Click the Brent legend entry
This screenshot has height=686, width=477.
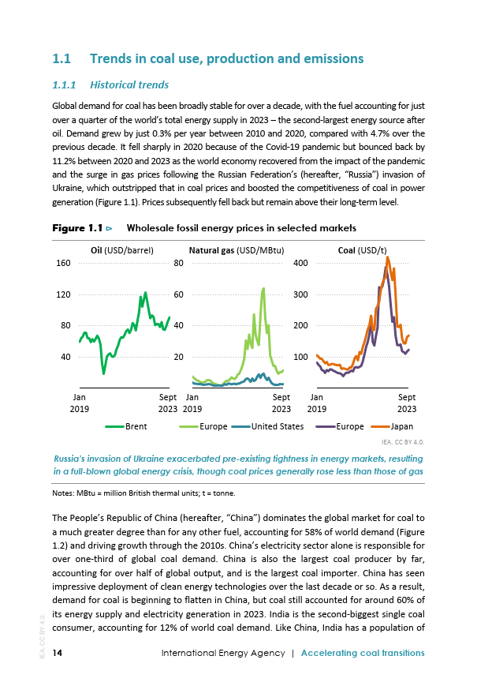[x=126, y=426]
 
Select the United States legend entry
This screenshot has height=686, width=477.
[x=267, y=426]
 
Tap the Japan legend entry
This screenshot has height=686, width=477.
[x=392, y=426]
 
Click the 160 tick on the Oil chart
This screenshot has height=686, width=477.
[x=63, y=263]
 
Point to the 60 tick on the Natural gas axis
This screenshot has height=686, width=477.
[x=179, y=294]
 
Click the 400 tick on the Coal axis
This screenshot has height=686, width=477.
[x=300, y=263]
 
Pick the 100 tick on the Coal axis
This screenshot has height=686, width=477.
[x=300, y=357]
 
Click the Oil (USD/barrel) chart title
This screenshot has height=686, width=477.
[x=122, y=250]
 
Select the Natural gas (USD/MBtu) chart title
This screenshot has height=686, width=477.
[x=237, y=250]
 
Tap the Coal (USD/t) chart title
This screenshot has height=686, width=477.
[x=362, y=250]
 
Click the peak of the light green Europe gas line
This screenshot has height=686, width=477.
[x=263, y=288]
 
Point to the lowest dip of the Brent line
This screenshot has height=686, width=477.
[x=103, y=373]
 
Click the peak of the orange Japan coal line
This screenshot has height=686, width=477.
[x=387, y=257]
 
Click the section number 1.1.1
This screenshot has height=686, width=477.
[x=64, y=85]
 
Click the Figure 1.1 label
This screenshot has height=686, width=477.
[x=77, y=228]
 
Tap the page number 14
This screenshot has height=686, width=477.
[x=58, y=653]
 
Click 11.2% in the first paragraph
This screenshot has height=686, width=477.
[x=64, y=160]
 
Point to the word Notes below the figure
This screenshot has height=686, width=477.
[x=63, y=493]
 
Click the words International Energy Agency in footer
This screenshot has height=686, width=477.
[x=223, y=653]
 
